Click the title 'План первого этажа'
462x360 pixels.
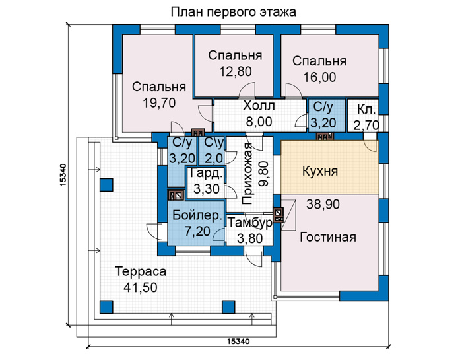[x=233, y=13]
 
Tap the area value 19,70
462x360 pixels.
[x=159, y=103]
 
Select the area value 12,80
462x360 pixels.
[x=236, y=71]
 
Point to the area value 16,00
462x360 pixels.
[x=319, y=77]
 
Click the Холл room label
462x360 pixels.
[x=259, y=106]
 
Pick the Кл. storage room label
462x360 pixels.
[x=366, y=110]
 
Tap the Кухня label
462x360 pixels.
[x=320, y=171]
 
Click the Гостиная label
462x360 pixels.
[x=328, y=237]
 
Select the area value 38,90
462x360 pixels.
[x=323, y=204]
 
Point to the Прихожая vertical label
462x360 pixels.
[x=247, y=174]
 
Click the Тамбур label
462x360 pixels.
[x=250, y=223]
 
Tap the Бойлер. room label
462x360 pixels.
[x=197, y=216]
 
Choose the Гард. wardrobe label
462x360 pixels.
[x=206, y=174]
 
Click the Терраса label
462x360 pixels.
[x=141, y=271]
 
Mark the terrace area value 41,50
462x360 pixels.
[x=141, y=287]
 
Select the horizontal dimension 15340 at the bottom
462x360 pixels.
[x=238, y=342]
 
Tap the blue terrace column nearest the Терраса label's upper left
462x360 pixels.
[x=106, y=185]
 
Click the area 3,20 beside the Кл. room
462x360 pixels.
[x=323, y=123]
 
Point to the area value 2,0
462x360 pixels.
[x=214, y=159]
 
